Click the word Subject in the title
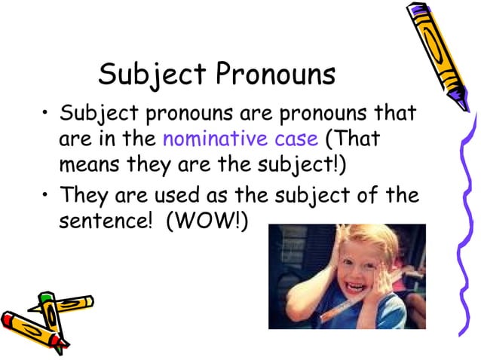[152, 75]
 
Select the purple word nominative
[208, 139]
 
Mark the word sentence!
[99, 222]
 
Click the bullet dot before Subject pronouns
[47, 116]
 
